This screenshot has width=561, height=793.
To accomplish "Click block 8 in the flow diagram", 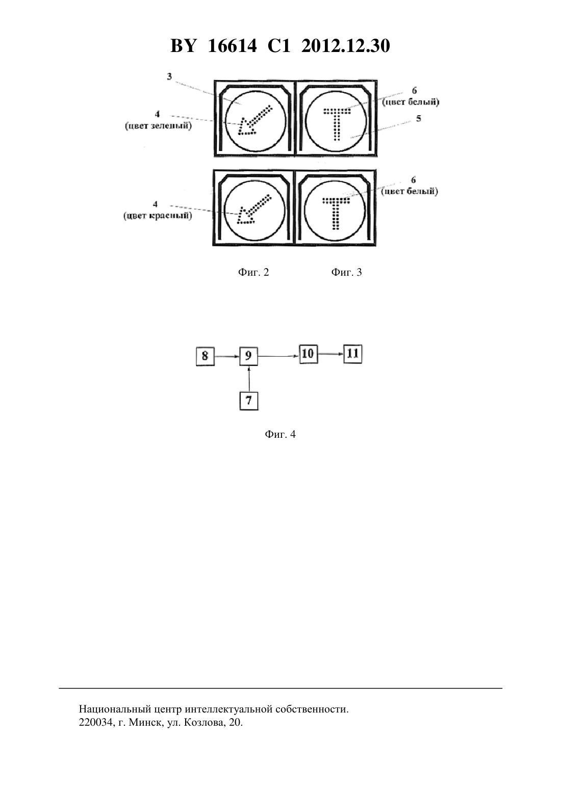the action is (x=206, y=356).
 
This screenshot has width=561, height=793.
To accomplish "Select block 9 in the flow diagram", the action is (x=249, y=356).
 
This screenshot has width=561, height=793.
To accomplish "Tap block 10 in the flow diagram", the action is (x=309, y=354).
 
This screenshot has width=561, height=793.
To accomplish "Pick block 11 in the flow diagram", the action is (x=353, y=354).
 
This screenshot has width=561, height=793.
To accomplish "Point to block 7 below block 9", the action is (x=249, y=401).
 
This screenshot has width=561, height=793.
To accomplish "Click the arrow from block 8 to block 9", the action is (x=227, y=357).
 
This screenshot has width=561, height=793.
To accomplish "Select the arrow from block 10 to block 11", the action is (x=331, y=354).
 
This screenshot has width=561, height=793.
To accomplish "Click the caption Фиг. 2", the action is (x=253, y=272).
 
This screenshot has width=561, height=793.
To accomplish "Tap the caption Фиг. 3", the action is (x=346, y=272).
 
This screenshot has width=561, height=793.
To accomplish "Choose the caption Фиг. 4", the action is (x=280, y=434).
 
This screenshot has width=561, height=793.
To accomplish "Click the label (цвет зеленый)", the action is (x=158, y=126).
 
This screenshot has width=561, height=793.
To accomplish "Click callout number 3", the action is (x=169, y=76).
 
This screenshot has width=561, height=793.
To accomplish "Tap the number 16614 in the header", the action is (x=232, y=46).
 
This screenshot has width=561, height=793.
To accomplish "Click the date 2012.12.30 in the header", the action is (x=346, y=46).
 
